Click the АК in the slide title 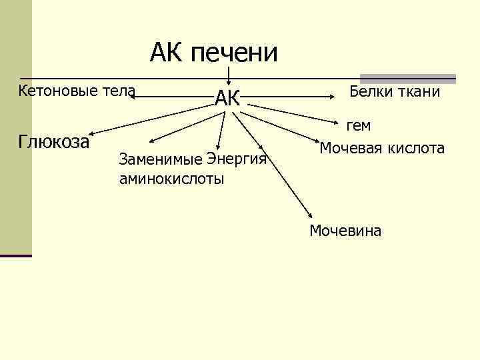(167, 51)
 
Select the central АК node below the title (227, 99)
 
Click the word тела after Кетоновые (119, 90)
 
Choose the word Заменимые (160, 160)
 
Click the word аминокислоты (171, 179)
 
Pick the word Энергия (237, 160)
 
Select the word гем (358, 125)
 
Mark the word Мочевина (345, 231)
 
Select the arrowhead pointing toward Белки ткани (334, 97)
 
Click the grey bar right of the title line (407, 78)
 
